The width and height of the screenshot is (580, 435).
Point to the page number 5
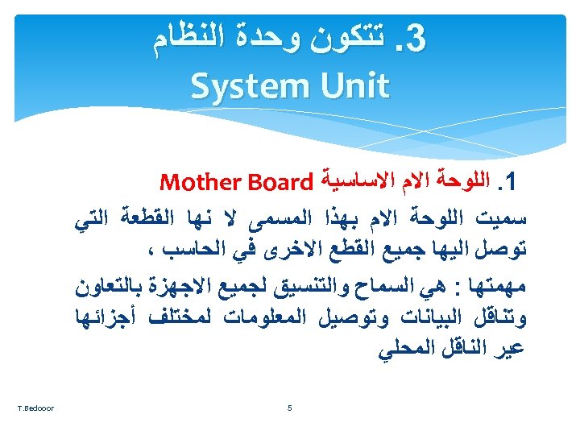coord(290,408)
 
